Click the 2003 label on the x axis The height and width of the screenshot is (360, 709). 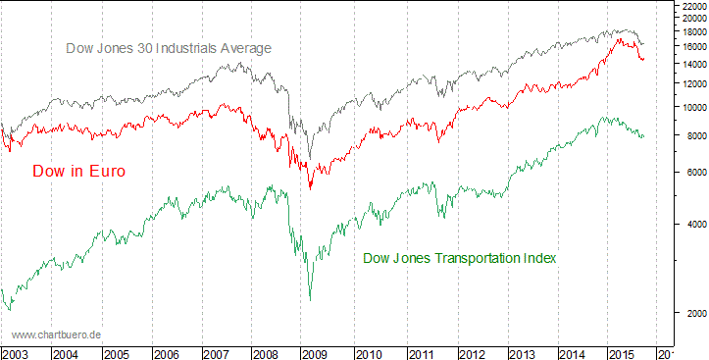pos(16,353)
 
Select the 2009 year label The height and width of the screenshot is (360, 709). pos(316,353)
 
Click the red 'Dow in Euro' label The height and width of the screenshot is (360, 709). pos(78,171)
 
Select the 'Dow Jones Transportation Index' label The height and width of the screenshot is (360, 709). pos(460,258)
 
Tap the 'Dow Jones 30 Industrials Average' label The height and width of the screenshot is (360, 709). pos(168,47)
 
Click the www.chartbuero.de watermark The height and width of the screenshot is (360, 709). pos(57,334)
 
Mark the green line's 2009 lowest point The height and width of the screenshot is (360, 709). pos(310,300)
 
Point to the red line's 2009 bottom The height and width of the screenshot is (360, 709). pos(310,188)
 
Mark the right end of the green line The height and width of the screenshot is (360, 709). pos(644,135)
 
